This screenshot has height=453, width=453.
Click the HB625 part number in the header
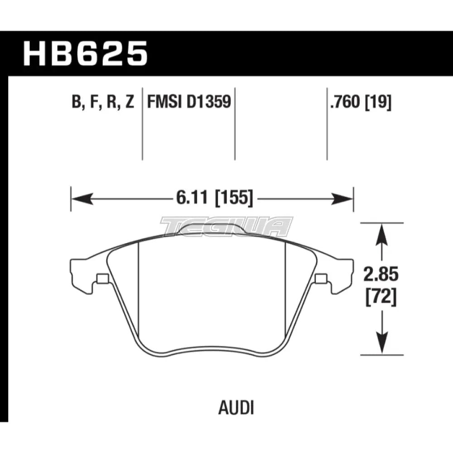click(86, 53)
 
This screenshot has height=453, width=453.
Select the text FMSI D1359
click(188, 103)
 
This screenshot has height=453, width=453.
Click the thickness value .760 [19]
click(361, 103)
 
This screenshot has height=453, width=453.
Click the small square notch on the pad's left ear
click(102, 278)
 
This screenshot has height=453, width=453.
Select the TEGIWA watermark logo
click(226, 226)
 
